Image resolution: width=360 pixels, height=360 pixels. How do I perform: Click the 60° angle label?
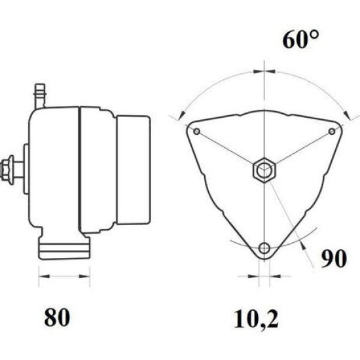300,40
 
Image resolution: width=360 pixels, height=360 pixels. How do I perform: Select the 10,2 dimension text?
256,319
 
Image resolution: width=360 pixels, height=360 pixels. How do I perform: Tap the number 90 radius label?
333,259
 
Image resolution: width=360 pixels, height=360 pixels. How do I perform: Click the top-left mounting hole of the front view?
197,132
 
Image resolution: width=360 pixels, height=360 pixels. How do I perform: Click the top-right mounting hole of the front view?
332,132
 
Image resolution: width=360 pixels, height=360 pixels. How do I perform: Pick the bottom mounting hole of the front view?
264,248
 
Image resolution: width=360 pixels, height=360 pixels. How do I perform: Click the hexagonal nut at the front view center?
264,170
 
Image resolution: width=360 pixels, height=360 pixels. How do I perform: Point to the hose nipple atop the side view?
40,96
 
